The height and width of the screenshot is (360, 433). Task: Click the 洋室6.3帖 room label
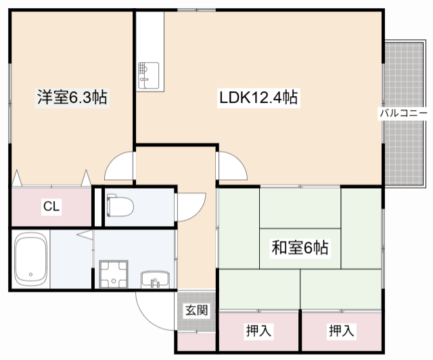click(71, 97)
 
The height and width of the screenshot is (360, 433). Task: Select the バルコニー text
click(403, 112)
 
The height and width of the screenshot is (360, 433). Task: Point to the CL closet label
click(51, 206)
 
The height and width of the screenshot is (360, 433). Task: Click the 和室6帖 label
click(299, 248)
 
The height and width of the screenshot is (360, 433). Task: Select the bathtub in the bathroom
click(30, 260)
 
